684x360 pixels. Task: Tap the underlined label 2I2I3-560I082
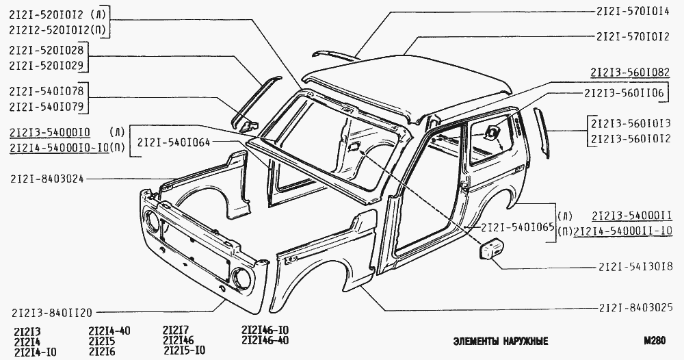tap(629, 72)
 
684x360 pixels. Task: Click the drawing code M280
tap(655, 339)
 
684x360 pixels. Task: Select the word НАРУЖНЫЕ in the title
tap(519, 340)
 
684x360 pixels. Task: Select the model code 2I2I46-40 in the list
tap(265, 340)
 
